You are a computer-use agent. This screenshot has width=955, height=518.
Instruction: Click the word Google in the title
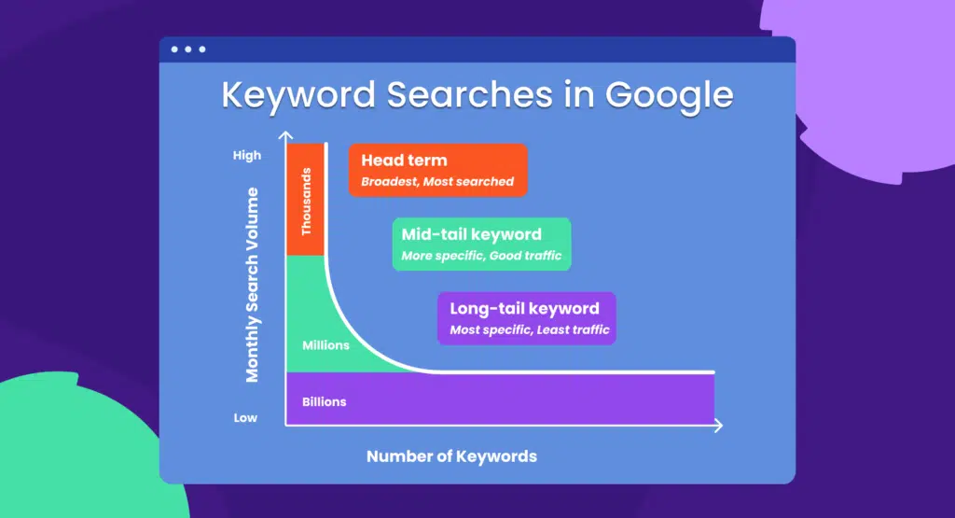coord(670,95)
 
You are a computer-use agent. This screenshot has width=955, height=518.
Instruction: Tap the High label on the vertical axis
coord(247,156)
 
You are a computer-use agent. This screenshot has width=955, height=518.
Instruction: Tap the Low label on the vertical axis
coord(245,417)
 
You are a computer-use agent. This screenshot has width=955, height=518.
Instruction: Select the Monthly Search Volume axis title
coord(252,285)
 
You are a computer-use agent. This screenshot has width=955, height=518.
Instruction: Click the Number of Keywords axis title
coord(451,456)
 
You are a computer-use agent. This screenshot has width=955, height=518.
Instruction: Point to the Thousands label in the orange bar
coord(306,202)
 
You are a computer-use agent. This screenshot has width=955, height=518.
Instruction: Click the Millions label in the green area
coord(325,345)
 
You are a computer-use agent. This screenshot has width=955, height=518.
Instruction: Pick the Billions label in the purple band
coord(324,401)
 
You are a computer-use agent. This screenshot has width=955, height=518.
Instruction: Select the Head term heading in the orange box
coord(404,161)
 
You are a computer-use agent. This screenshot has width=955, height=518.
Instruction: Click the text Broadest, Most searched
coord(437,181)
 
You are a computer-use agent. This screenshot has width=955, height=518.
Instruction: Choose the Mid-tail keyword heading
coord(471,234)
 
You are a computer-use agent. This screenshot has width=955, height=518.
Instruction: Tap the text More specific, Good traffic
coord(481,255)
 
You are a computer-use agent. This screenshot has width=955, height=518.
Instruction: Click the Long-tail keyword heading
coord(524,308)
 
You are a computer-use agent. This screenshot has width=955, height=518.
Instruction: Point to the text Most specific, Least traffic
coord(529,329)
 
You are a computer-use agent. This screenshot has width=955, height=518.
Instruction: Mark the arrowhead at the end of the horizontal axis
coord(718,426)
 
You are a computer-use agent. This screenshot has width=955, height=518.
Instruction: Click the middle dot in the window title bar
coord(187,49)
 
